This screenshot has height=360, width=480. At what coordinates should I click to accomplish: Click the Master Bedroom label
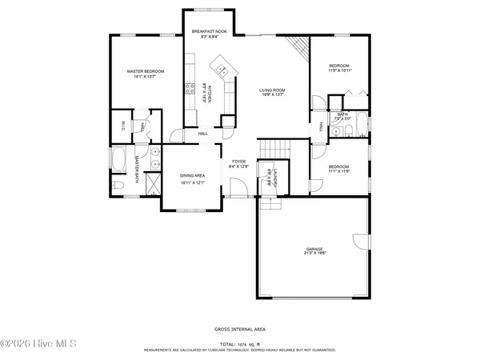pos(146,72)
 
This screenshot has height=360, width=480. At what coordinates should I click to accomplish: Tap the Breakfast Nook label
pos(210,31)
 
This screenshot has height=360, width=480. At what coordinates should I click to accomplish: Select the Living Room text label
pos(272,90)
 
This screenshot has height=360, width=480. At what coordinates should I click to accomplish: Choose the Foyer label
pos(239,161)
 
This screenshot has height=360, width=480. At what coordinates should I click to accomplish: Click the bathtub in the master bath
pos(118,160)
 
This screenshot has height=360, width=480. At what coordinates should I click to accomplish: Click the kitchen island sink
pos(221,67)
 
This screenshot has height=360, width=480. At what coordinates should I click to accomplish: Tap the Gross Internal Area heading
pos(240,329)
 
